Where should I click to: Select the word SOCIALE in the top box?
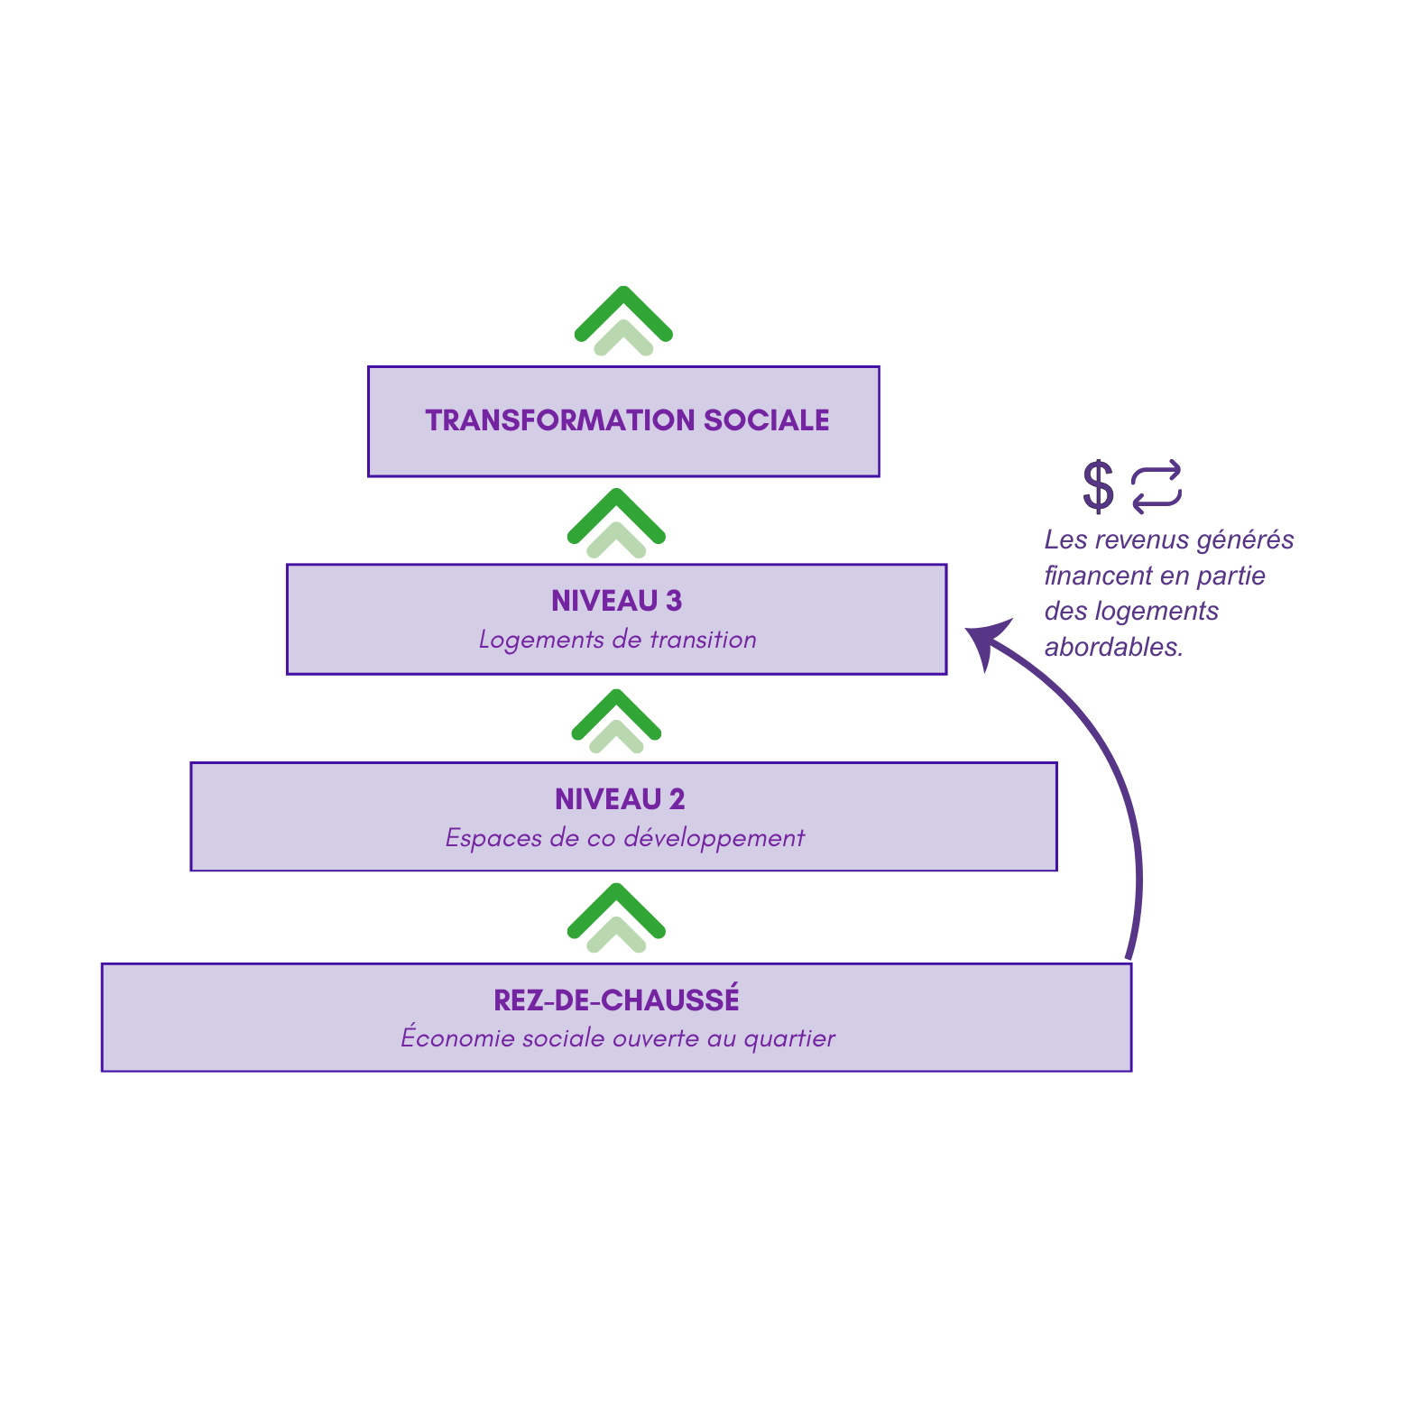(x=766, y=420)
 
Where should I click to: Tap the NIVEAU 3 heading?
(x=616, y=601)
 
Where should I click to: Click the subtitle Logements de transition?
(x=617, y=640)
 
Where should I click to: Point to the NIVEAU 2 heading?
(x=620, y=799)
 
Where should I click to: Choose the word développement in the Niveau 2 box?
(x=714, y=838)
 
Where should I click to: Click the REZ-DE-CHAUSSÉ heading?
(x=616, y=1000)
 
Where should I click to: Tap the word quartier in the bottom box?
(x=789, y=1039)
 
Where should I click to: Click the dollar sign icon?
(x=1098, y=486)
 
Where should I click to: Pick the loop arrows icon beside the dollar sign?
(x=1156, y=486)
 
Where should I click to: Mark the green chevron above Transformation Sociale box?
(x=623, y=319)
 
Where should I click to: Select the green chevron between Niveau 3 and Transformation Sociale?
(x=616, y=522)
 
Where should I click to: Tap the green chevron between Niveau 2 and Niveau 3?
(x=617, y=721)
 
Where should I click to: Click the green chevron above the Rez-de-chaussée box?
(x=616, y=917)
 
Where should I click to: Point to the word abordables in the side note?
(x=1112, y=647)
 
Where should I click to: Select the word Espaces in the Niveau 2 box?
(x=493, y=838)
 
